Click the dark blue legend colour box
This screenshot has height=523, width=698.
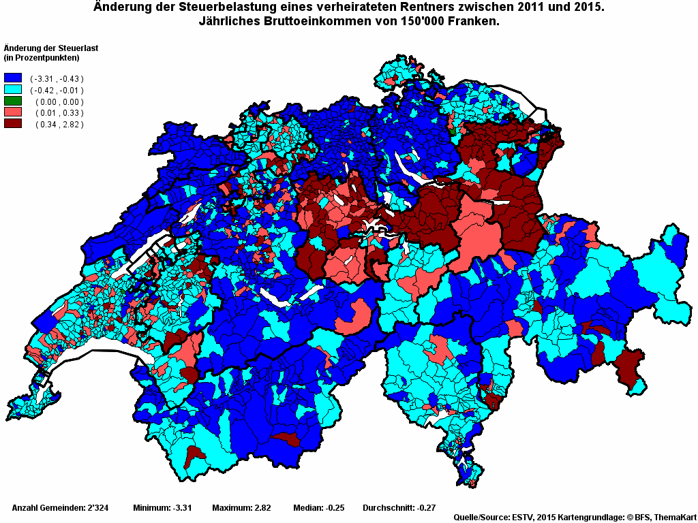tap(13, 78)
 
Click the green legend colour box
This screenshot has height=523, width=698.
tap(13, 101)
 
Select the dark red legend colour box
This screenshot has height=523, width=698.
tap(13, 124)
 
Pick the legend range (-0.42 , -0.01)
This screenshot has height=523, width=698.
tap(57, 90)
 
